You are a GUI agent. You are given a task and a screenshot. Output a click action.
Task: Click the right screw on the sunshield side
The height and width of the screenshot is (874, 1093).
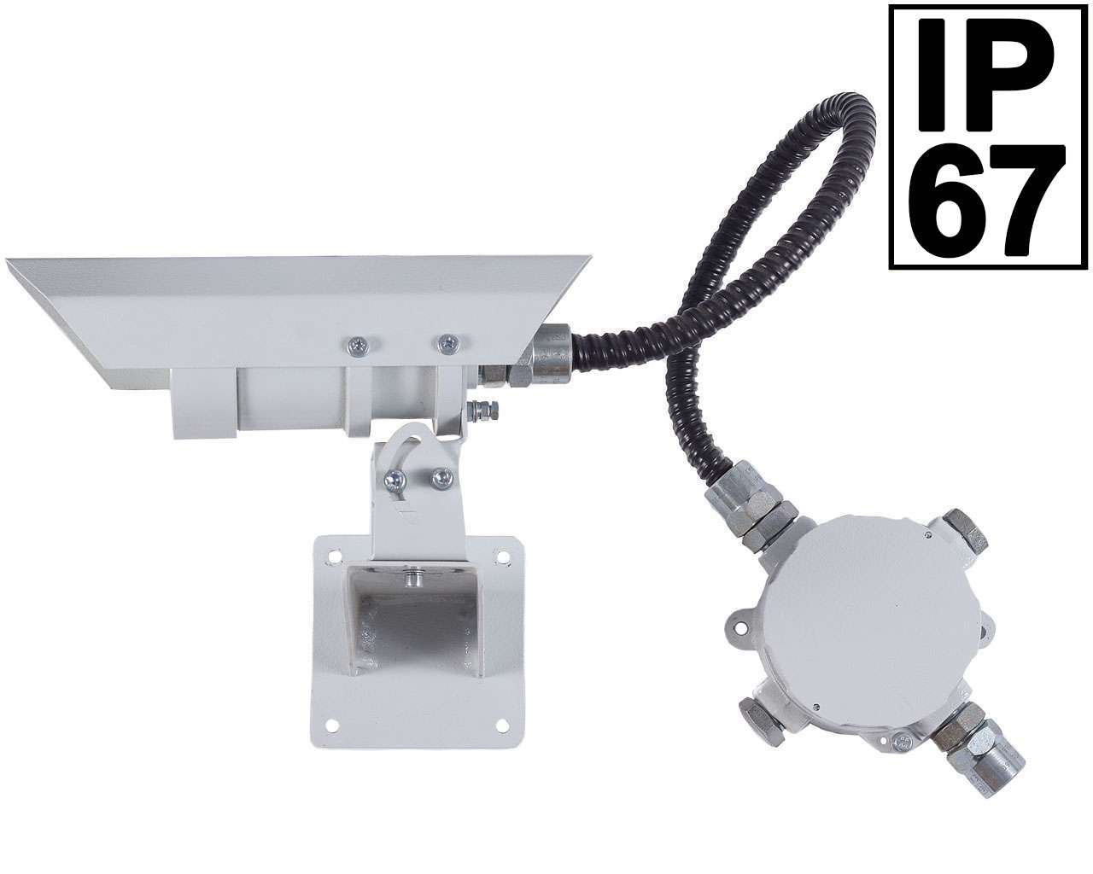(449, 343)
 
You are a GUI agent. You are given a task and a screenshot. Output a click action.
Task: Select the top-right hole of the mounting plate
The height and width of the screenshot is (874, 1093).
(503, 556)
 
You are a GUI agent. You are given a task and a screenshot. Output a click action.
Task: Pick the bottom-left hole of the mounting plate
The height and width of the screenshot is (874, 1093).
(332, 725)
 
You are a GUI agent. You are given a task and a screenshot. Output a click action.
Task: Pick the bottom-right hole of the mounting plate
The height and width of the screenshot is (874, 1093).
(503, 725)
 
